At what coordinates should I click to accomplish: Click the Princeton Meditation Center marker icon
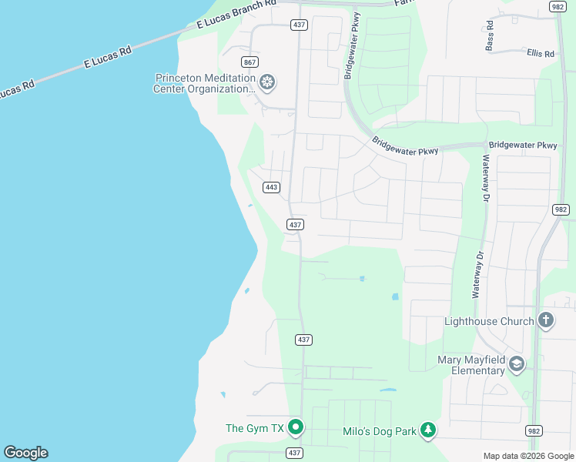click(267, 82)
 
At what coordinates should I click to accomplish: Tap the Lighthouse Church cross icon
click(545, 320)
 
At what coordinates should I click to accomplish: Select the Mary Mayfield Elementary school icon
click(516, 364)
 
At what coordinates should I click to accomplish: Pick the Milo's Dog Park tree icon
click(428, 431)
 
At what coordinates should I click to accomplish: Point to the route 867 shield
click(249, 62)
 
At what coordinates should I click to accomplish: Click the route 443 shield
click(270, 187)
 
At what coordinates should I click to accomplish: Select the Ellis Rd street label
click(541, 54)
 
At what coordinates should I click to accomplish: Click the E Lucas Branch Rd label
click(236, 15)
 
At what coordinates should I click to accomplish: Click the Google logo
click(25, 453)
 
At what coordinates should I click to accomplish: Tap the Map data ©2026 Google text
click(528, 456)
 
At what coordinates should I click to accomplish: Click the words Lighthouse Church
click(489, 321)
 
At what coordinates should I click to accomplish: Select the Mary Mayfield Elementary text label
click(471, 365)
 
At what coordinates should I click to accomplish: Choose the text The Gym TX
click(255, 428)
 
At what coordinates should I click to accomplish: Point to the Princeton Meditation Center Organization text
click(205, 83)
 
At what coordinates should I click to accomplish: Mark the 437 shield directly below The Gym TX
click(294, 452)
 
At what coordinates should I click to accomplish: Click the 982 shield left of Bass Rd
click(558, 6)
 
